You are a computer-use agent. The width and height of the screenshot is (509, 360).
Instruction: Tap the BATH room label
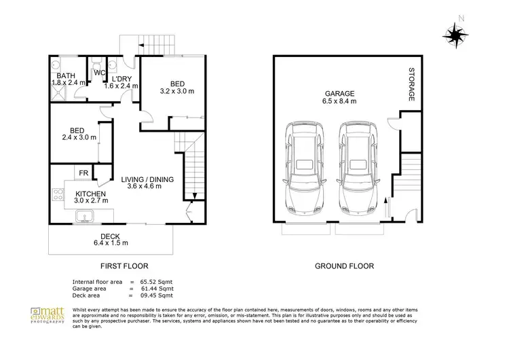pos(66,75)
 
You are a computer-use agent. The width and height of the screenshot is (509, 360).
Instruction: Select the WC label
pos(98,72)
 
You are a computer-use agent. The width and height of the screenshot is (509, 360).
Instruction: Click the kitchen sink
pos(86,217)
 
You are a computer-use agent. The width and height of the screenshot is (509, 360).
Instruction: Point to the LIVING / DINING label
pos(148,179)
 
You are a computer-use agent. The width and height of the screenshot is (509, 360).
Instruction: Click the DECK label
pos(111,236)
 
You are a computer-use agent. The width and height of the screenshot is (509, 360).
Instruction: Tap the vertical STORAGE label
pos(411,85)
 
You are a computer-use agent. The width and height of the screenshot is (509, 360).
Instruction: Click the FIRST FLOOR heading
pos(124,266)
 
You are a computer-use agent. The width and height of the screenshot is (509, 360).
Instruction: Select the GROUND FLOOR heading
pos(343,266)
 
